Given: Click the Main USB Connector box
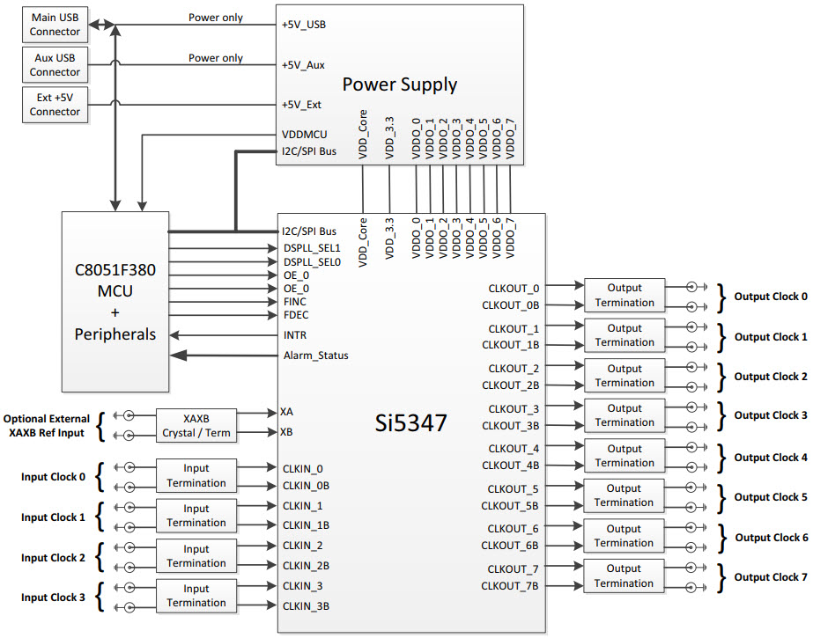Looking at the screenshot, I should [55, 25].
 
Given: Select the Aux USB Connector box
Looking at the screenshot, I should [55, 65].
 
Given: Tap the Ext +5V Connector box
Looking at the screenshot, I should [55, 105].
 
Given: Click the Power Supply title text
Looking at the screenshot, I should [399, 84].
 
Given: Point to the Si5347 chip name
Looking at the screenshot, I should [410, 423].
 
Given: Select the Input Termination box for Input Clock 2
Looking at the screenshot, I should [196, 556].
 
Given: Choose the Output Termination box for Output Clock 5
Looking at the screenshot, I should [624, 495].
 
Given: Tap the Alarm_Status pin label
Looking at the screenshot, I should [315, 356].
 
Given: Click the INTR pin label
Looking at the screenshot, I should [295, 335].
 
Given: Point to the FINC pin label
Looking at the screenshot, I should [295, 302].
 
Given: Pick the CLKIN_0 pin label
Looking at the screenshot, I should [302, 469].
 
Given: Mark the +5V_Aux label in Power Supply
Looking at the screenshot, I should [303, 65].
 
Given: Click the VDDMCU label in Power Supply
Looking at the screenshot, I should [305, 135].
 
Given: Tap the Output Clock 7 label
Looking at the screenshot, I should [771, 577].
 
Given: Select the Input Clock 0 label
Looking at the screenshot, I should [54, 477].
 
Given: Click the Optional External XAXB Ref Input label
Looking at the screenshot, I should [47, 426].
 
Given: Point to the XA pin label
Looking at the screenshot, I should [286, 412].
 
